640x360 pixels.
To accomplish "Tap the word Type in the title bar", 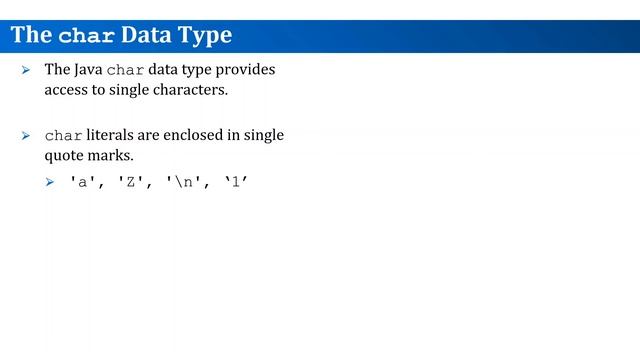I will point(204,36).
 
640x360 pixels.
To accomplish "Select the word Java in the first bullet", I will point(87,71).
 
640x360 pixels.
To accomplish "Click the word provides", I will point(245,71).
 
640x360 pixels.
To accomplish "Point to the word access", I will point(65,90).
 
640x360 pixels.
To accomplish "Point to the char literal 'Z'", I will point(134,184).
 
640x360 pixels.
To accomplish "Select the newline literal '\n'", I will point(187,184).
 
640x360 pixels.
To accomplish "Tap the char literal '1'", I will point(235,184).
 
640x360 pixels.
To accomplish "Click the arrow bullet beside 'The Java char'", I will point(27,72).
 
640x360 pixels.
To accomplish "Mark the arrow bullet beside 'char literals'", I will point(27,136).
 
